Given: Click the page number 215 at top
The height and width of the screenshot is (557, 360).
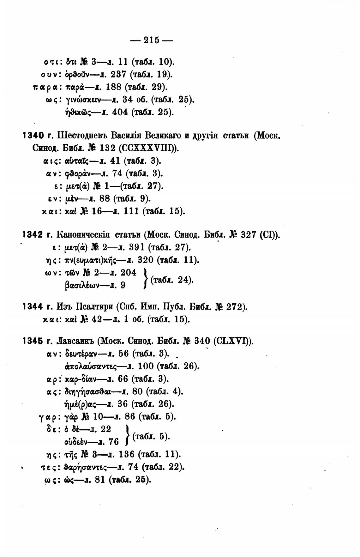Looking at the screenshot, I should (x=152, y=40).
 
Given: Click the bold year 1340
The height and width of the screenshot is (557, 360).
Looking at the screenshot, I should (x=33, y=136).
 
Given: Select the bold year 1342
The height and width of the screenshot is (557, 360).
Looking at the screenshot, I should (x=33, y=235).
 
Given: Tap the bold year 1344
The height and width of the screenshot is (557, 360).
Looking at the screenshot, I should (x=33, y=306).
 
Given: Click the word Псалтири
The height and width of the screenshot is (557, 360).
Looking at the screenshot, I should (x=94, y=307).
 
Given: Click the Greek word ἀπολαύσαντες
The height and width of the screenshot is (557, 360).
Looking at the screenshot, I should (x=91, y=366).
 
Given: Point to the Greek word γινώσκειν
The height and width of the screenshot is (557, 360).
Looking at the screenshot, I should (x=83, y=100).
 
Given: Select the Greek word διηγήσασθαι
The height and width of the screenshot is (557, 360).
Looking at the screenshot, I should (x=87, y=391).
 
